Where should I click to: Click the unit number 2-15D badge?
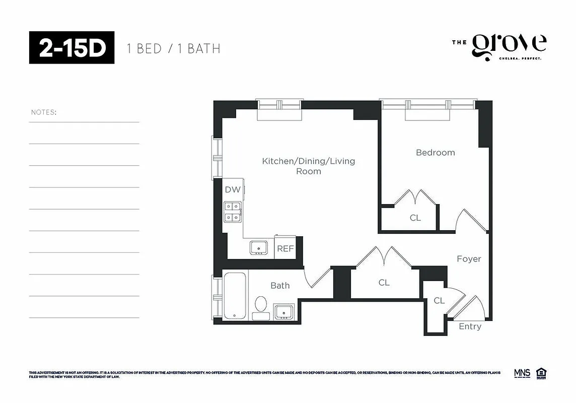[x=71, y=48]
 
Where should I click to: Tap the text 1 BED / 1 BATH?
[x=173, y=49]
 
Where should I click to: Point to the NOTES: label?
[x=44, y=112]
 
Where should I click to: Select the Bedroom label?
[x=435, y=153]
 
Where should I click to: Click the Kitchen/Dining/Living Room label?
[x=308, y=166]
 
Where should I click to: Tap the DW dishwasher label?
[x=233, y=190]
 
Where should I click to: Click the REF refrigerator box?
[x=285, y=249]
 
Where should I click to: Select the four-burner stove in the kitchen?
[x=233, y=212]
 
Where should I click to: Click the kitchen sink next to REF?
[x=259, y=248]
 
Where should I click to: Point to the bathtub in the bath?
[x=235, y=296]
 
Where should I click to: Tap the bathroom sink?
[x=284, y=312]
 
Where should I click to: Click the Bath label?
[x=280, y=286]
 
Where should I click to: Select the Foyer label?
[x=469, y=259]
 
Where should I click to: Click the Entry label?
[x=470, y=326]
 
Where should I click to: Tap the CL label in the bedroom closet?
[x=415, y=218]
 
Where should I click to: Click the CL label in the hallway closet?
[x=384, y=283]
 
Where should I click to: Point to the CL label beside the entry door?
[x=439, y=301]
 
